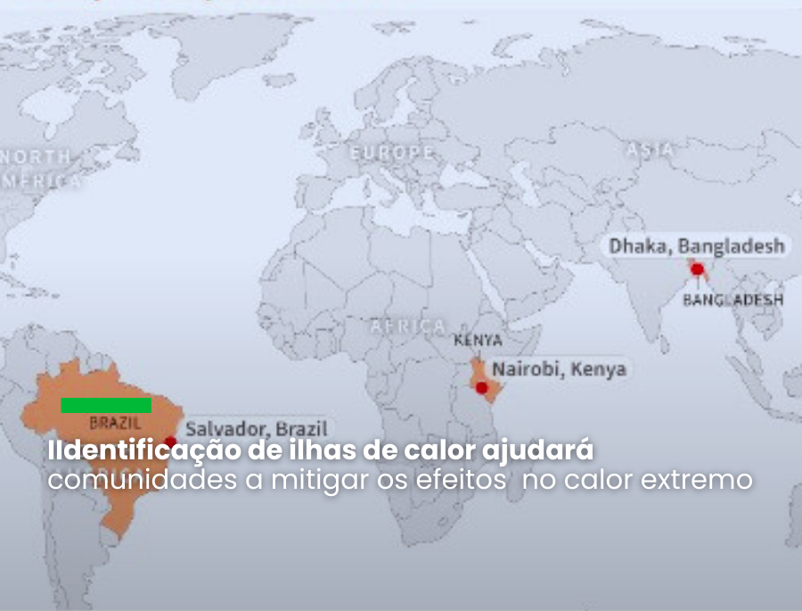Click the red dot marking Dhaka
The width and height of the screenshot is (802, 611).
pyautogui.click(x=697, y=268)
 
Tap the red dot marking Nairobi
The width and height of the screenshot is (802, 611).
pyautogui.click(x=482, y=388)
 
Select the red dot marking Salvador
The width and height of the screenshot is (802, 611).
pyautogui.click(x=170, y=442)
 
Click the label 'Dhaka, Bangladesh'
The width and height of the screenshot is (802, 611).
pyautogui.click(x=697, y=245)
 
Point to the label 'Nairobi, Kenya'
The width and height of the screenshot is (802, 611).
pyautogui.click(x=560, y=368)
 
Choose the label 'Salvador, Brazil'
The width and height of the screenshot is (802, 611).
pyautogui.click(x=257, y=429)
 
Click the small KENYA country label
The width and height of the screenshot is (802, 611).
pyautogui.click(x=478, y=341)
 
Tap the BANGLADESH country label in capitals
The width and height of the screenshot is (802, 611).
pyautogui.click(x=733, y=300)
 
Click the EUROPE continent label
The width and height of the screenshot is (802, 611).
pyautogui.click(x=391, y=153)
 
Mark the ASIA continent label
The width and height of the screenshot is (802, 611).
pyautogui.click(x=650, y=151)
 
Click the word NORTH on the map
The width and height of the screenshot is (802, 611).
pyautogui.click(x=37, y=156)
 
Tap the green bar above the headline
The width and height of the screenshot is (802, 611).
pyautogui.click(x=106, y=405)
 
